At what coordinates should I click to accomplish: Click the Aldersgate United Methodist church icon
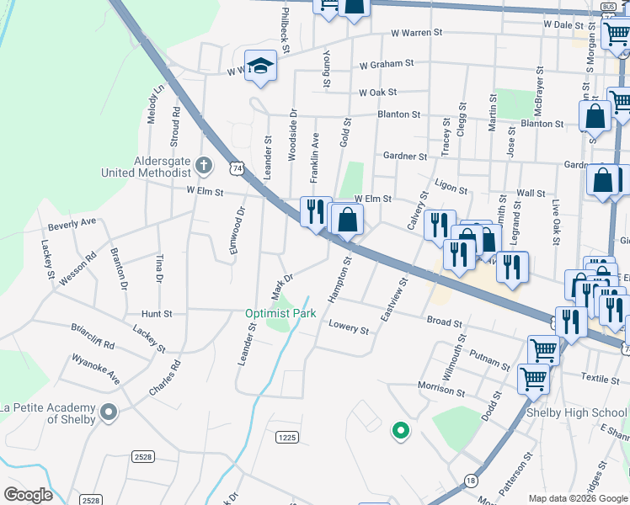point(203,163)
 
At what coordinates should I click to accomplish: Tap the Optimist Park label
point(280,314)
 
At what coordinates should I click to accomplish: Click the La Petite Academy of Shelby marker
point(108,412)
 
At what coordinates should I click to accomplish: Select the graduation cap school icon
point(261,66)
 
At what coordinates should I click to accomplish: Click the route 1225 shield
point(287,437)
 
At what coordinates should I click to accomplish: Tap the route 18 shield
point(470,480)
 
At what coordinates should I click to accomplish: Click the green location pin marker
point(401,431)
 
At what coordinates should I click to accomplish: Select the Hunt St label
point(157,313)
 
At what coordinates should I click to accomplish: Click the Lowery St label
point(349,327)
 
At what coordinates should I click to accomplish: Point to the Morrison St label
point(441,388)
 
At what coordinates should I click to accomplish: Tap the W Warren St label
point(416,34)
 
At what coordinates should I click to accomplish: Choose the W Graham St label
point(386,64)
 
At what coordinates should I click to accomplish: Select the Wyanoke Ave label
point(95,369)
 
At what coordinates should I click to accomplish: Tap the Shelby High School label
point(577,413)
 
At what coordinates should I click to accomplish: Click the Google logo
point(28,495)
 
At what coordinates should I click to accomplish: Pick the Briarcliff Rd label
point(92,338)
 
